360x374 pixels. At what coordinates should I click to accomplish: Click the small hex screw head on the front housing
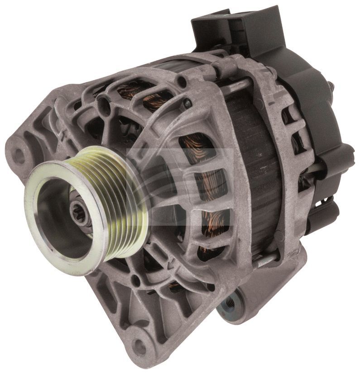coord(187,104)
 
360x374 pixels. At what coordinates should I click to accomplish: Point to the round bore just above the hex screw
coord(181,82)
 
